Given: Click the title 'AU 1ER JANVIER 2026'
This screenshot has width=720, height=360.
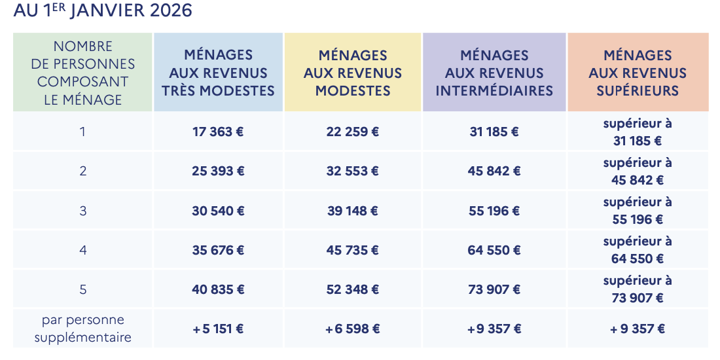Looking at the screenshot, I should tap(103, 11).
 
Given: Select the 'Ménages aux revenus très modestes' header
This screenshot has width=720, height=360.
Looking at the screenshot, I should tap(218, 73).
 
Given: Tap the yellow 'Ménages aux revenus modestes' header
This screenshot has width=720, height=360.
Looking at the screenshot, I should tap(353, 73).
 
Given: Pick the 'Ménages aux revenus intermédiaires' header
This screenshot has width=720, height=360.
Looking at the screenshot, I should tap(494, 73).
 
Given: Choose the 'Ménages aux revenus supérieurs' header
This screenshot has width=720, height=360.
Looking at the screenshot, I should tap(638, 73).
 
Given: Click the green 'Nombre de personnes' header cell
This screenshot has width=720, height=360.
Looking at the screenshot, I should tap(83, 73).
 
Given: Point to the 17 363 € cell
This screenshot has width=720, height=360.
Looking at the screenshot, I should tap(218, 132).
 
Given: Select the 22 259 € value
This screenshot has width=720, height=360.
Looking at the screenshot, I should tap(353, 132).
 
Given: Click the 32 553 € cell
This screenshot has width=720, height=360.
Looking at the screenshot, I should tap(353, 171).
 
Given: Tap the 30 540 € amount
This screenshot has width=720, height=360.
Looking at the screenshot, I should tap(218, 211).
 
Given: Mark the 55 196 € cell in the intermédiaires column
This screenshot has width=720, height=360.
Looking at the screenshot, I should tap(494, 211).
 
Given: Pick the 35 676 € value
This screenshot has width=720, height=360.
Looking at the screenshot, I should tap(218, 250).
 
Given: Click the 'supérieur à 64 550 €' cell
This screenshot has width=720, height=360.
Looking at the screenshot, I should tap(638, 250).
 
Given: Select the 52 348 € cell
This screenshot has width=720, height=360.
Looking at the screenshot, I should tap(353, 289).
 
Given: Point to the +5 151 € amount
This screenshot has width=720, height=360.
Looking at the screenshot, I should tap(218, 329).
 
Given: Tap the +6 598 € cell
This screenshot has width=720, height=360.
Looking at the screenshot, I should tap(353, 329).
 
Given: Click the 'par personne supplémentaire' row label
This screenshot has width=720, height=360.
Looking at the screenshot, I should tap(83, 329).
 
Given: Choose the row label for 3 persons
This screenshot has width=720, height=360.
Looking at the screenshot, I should tap(83, 211).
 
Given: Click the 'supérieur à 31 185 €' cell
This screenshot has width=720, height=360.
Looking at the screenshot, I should tap(638, 132).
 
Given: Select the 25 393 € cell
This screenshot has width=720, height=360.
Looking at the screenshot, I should tap(218, 171).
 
